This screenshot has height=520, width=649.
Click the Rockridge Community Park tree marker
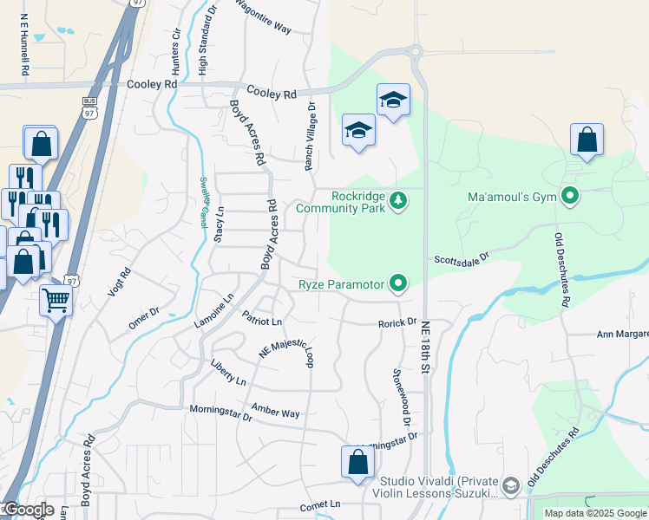[x=398, y=200]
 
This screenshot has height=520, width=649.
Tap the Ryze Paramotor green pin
[x=398, y=283]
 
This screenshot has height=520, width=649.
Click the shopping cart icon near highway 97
[x=56, y=302]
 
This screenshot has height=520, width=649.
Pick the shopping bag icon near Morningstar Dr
[x=357, y=463]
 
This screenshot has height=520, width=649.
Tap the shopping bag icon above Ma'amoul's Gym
[x=587, y=140]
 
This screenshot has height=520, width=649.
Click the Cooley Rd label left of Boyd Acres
[x=152, y=84]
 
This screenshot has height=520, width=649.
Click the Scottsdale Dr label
[x=462, y=258]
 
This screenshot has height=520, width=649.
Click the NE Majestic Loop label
[x=286, y=352]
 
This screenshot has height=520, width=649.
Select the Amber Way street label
[x=275, y=410]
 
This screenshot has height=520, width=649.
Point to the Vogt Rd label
[x=119, y=284]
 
